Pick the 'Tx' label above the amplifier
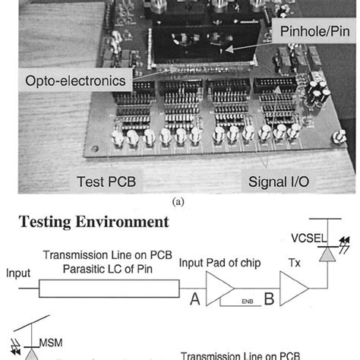click(x=295, y=263)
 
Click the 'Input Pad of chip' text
click(x=235, y=263)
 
